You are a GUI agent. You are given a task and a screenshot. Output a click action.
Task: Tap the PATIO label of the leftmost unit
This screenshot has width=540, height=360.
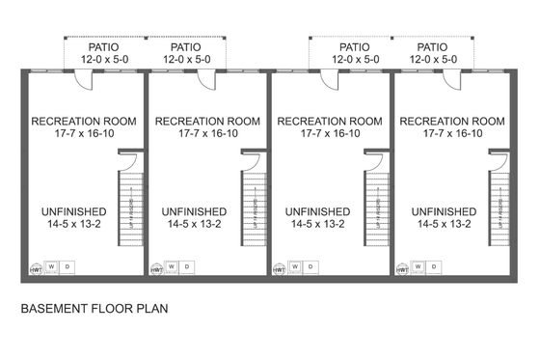pos(105,46)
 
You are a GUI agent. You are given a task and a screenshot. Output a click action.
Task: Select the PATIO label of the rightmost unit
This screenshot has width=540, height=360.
pos(432,46)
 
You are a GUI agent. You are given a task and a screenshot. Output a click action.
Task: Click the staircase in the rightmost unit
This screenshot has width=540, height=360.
pos(498,208)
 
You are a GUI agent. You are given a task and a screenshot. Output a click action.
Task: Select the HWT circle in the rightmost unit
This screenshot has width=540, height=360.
pos(401,269)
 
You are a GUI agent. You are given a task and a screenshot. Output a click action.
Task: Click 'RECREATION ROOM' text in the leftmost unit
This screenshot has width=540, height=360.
pos(84,122)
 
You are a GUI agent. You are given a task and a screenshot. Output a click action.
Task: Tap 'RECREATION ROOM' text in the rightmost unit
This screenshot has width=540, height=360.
pos(452,122)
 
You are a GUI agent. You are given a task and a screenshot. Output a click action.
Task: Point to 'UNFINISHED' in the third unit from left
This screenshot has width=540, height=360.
pos(318,211)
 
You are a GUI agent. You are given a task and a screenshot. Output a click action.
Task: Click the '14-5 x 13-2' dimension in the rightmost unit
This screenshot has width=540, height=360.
pos(444,224)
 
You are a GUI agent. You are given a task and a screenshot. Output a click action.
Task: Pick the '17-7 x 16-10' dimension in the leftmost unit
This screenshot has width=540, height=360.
pos(84,134)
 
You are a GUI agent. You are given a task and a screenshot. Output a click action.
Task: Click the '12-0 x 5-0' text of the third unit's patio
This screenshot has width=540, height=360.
pos(355,59)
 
